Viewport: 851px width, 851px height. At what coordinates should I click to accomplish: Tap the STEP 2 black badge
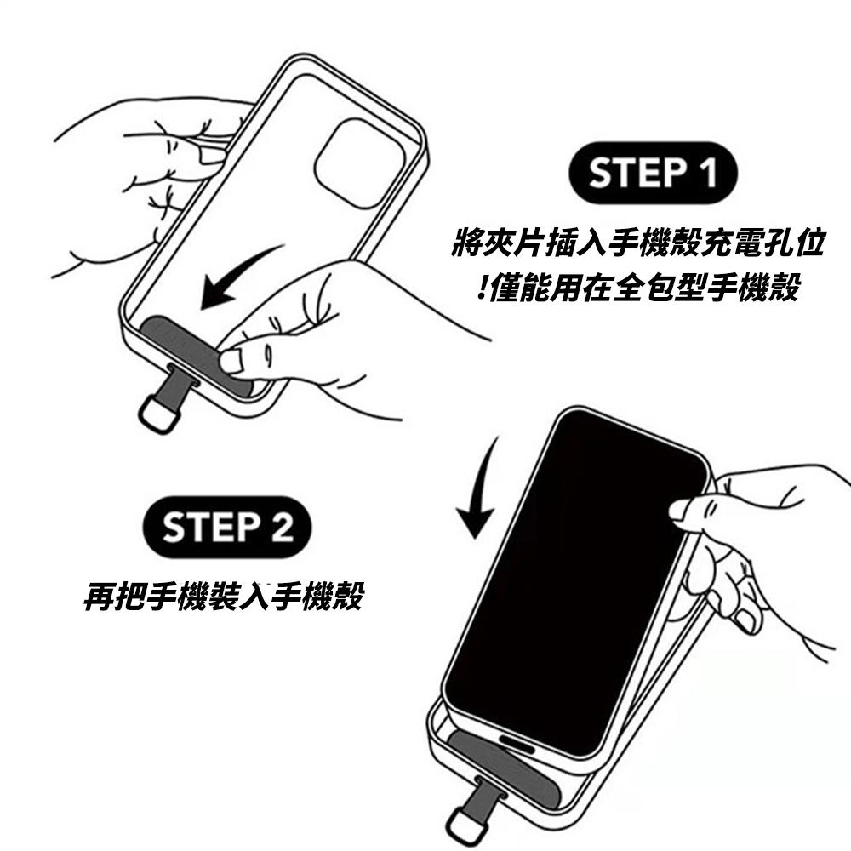[227, 528]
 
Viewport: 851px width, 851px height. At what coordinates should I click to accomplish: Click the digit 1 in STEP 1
[705, 173]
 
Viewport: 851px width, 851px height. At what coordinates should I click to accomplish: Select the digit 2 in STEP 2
[281, 528]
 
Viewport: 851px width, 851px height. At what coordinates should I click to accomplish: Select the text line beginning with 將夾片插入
[637, 245]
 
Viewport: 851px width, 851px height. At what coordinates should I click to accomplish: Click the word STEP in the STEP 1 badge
[630, 173]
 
